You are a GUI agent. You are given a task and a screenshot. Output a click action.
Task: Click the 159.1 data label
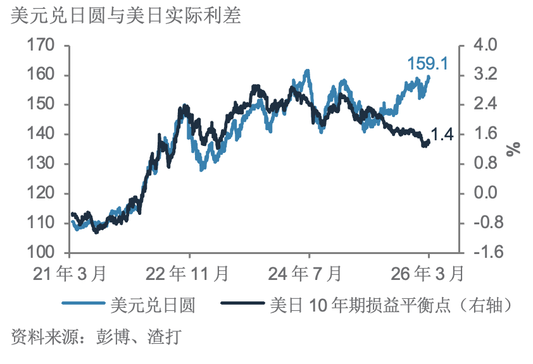tap(428, 64)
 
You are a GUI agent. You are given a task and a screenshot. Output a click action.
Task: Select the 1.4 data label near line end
tap(442, 134)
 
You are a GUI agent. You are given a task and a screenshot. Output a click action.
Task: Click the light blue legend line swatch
tap(82, 305)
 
